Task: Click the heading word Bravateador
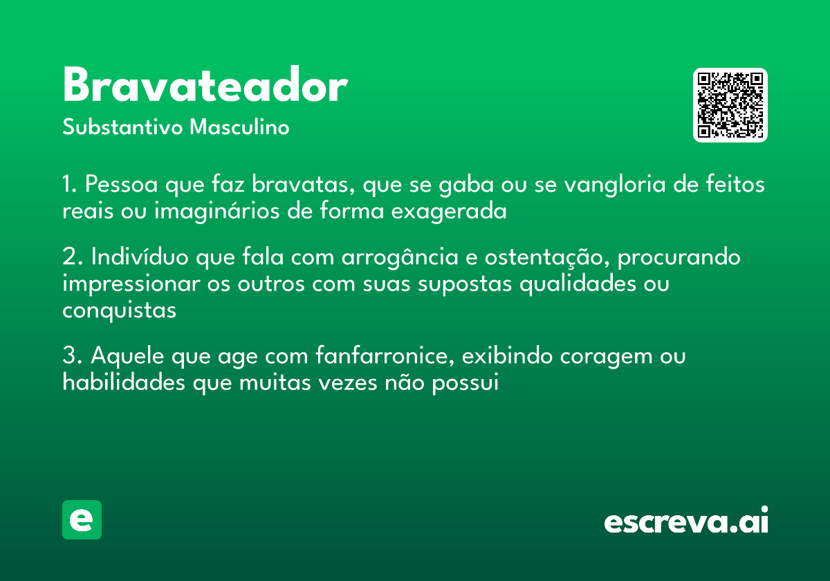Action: pos(205,87)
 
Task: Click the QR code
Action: pos(730,105)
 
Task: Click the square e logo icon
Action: pos(82,520)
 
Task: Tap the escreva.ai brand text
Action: pos(686,522)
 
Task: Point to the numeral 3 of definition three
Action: pos(69,357)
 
